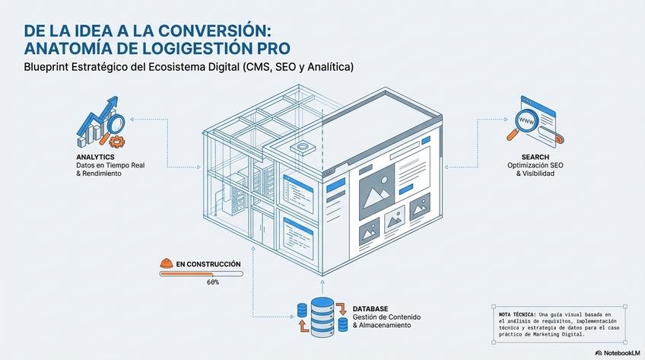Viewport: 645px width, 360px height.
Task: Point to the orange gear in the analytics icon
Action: click(x=116, y=141)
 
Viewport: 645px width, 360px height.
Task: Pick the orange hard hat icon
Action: click(x=166, y=263)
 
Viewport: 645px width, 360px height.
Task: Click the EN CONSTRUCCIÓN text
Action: click(x=208, y=264)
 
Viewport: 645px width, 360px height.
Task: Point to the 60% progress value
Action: click(x=213, y=282)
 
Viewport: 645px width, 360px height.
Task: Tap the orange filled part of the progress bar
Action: click(x=183, y=274)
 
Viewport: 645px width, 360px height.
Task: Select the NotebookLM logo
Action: click(x=617, y=353)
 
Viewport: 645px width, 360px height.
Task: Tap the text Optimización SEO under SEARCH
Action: click(x=530, y=165)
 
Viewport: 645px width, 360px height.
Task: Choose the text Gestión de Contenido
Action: click(x=386, y=317)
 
